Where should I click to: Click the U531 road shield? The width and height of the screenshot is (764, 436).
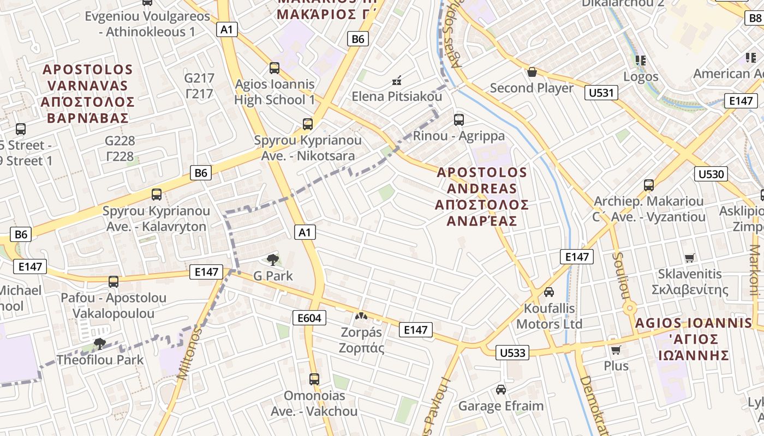coord(602,93)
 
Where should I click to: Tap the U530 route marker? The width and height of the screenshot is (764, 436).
coord(711,174)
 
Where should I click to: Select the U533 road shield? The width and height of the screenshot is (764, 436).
coord(512,353)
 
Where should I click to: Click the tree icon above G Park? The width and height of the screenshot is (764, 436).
coord(272,260)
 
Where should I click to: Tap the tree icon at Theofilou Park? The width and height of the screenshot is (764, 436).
coord(99,343)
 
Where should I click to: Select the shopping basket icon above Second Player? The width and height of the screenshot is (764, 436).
coord(532,72)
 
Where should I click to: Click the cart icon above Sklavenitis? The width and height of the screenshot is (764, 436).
coord(690,258)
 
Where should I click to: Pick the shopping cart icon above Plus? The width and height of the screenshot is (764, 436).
coord(616,350)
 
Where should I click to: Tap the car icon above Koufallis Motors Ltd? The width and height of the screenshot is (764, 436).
coord(549,292)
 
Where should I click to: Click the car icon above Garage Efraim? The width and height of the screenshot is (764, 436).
coord(500,390)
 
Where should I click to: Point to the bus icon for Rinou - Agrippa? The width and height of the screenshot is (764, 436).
coord(459,119)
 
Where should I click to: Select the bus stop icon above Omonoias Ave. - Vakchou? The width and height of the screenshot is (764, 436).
coord(314,379)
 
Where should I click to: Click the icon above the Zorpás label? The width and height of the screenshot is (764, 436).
coord(361,316)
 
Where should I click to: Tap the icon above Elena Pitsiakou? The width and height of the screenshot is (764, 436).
coord(397,81)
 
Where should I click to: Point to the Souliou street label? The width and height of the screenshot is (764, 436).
coord(619,276)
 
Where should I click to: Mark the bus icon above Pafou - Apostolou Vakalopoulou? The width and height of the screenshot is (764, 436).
coord(114,282)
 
